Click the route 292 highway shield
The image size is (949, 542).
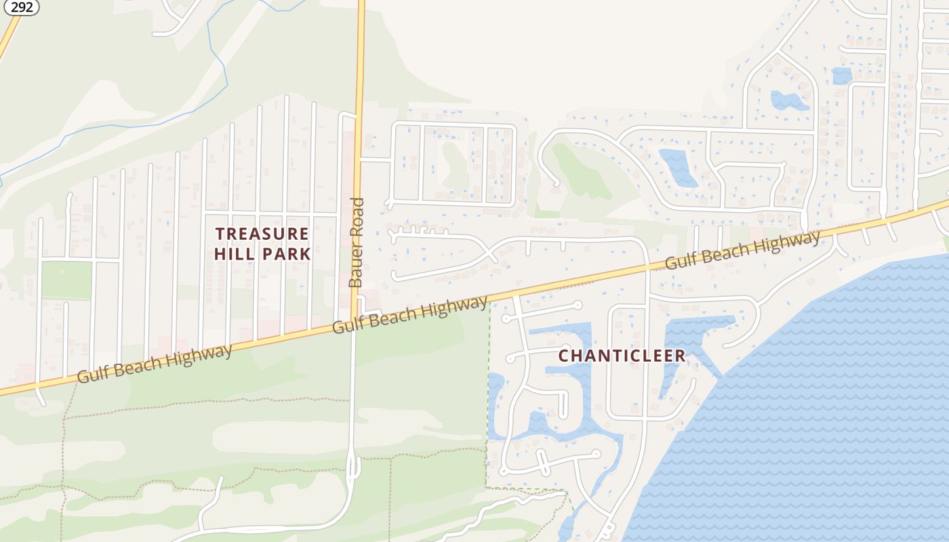(x=22, y=7)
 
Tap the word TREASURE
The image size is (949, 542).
(x=262, y=234)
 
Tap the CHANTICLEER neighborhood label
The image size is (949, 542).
(x=622, y=356)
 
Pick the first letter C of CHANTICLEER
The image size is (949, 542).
(x=563, y=356)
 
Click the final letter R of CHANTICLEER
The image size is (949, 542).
(x=681, y=356)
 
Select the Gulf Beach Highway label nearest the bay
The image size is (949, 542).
(x=742, y=249)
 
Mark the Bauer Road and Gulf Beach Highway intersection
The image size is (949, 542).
(x=354, y=319)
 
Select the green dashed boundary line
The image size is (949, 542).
(x=488, y=393)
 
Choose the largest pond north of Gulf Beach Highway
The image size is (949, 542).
(x=678, y=167)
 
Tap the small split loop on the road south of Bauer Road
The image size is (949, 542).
(x=353, y=467)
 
